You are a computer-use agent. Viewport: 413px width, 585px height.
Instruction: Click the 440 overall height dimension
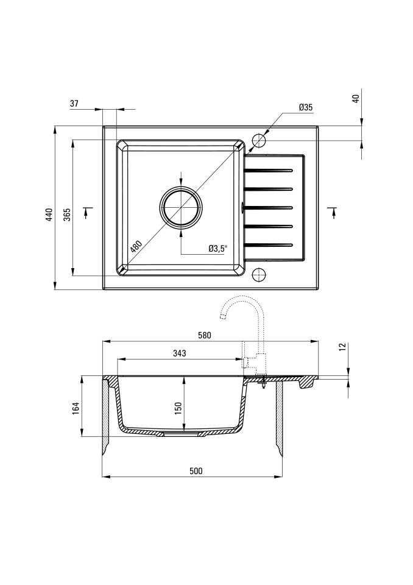tap(49, 215)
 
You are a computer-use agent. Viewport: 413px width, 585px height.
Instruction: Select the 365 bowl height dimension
tap(67, 215)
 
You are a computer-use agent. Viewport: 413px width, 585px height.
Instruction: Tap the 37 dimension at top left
tap(74, 104)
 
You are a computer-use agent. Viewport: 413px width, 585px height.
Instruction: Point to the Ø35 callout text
tap(306, 107)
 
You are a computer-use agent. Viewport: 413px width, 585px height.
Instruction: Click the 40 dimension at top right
tap(356, 99)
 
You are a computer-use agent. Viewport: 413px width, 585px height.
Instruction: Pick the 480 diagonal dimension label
tap(136, 246)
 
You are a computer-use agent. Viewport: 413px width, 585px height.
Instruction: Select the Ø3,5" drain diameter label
tap(218, 248)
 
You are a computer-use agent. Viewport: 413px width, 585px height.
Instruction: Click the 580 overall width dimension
tap(205, 335)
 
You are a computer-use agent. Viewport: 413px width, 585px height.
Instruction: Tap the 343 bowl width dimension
tap(180, 353)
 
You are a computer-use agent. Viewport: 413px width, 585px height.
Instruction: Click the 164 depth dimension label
tap(76, 408)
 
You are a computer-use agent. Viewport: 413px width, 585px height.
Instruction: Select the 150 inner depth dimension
tap(178, 408)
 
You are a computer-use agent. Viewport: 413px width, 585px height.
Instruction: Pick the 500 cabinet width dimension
tap(196, 471)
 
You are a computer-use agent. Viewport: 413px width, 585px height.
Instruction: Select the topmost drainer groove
tap(268, 171)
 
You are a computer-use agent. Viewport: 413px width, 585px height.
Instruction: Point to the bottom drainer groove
tap(268, 245)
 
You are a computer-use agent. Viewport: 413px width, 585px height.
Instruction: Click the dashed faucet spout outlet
tap(223, 317)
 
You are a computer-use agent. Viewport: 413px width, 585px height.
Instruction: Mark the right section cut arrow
tap(333, 211)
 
